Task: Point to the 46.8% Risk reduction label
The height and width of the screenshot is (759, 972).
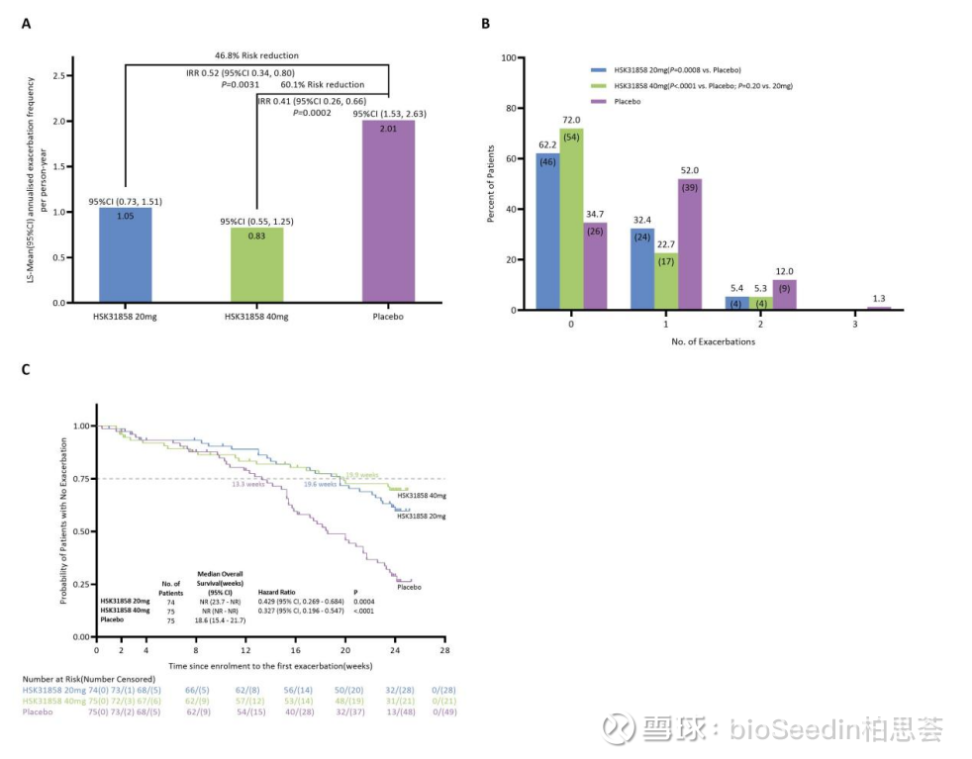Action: click(x=256, y=55)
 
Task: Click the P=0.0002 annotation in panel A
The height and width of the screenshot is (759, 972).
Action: click(x=313, y=114)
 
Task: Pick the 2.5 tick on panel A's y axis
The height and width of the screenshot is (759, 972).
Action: click(x=60, y=75)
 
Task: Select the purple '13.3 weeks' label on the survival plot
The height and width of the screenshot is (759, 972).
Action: click(x=249, y=484)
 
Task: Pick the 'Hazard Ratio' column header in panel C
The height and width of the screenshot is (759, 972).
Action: click(x=278, y=592)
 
